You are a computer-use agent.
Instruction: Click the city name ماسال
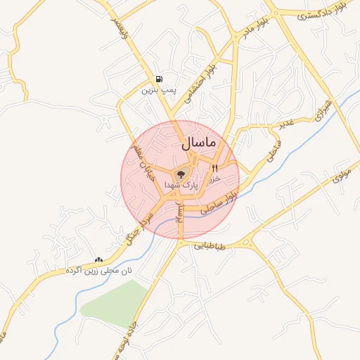pos(200,143)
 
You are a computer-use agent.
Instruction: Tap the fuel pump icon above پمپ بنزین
pos(160,79)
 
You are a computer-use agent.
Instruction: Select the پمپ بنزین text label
pos(156,90)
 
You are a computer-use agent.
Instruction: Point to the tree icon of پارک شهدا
pos(181,174)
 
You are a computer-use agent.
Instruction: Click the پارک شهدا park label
pos(181,184)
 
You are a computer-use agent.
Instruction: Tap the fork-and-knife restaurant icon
pos(214,168)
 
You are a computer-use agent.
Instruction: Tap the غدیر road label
pos(284,124)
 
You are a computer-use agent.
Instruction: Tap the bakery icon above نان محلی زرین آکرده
pos(97,259)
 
